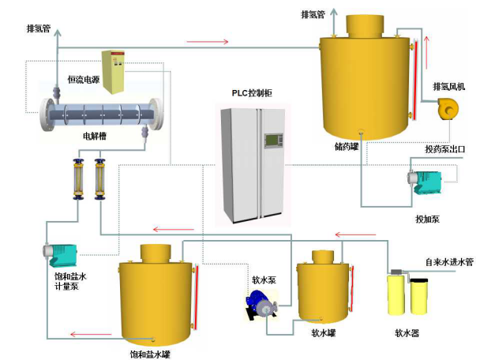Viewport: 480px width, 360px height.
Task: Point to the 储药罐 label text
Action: click(347, 146)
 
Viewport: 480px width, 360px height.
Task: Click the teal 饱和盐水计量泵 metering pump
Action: click(61, 254)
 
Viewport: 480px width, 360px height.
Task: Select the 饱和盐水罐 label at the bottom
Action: click(150, 354)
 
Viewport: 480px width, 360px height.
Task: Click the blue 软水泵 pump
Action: click(261, 303)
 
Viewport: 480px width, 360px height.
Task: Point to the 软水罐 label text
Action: click(324, 332)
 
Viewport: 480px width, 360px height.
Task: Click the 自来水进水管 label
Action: click(448, 262)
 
